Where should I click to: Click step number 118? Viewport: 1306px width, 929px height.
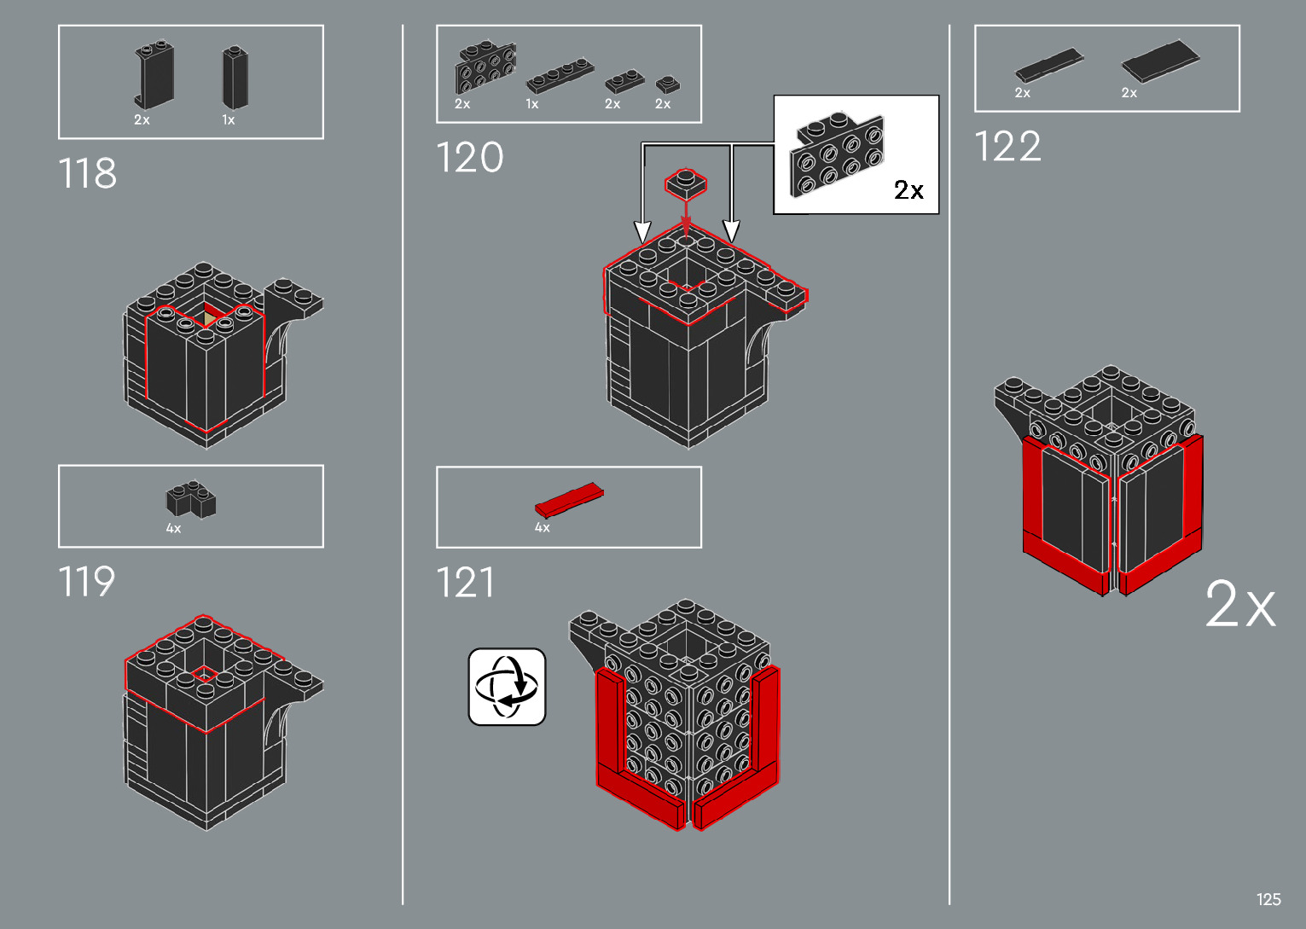coord(88,173)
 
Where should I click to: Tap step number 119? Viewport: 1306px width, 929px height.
coord(87,581)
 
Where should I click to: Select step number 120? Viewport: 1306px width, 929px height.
coord(470,157)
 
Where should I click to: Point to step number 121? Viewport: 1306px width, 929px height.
coord(465,582)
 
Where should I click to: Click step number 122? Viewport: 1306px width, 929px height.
coord(1007,146)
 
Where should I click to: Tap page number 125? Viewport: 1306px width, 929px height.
coord(1268,899)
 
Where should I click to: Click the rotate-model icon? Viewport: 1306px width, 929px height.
coord(507,687)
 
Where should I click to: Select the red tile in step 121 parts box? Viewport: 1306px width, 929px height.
coord(569,500)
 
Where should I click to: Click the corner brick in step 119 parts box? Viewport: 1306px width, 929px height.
coord(191,499)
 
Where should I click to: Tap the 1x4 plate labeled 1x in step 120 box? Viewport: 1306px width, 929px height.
coord(560,75)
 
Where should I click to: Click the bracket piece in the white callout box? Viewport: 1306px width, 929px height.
coord(837,154)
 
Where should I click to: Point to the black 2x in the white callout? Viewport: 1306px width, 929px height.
coord(908,190)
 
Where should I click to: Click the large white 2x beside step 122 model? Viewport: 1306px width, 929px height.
coord(1240,604)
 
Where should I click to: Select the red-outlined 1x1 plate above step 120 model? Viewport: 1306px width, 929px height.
coord(686,183)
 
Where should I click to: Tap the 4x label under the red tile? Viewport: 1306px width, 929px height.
coord(543,527)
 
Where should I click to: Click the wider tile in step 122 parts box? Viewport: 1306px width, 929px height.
coord(1160,61)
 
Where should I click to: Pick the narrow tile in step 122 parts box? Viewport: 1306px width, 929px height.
coord(1049,65)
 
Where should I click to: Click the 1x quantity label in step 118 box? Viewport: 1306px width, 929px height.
coord(229,119)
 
